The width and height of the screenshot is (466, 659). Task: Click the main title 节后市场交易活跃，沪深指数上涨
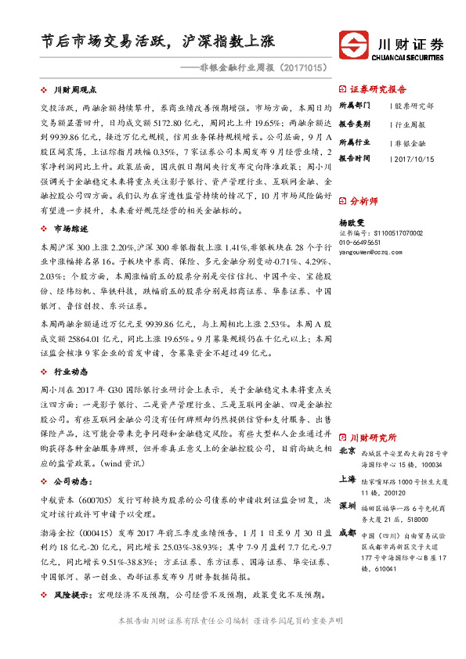click(x=157, y=41)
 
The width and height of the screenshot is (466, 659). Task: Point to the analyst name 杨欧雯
click(x=351, y=222)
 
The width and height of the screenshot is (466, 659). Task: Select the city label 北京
click(x=347, y=452)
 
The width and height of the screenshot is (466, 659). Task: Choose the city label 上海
click(x=347, y=479)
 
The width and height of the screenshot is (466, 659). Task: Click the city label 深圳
click(x=347, y=506)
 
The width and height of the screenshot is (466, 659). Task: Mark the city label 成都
click(x=347, y=533)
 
